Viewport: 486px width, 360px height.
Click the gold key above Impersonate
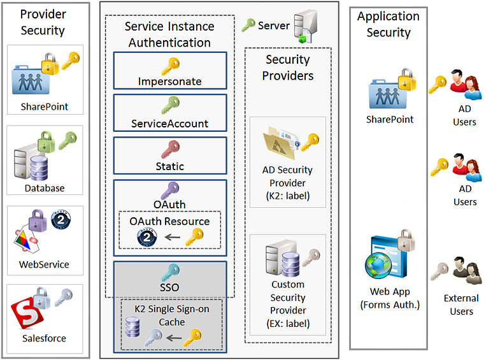pos(170,66)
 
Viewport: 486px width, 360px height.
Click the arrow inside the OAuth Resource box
pos(170,238)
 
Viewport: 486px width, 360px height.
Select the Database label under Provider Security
pos(45,188)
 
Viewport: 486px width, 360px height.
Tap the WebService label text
pos(45,264)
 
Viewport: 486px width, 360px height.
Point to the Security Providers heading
pos(289,68)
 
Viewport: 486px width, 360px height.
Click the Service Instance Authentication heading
pos(169,34)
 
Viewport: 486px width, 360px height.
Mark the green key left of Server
pos(248,26)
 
